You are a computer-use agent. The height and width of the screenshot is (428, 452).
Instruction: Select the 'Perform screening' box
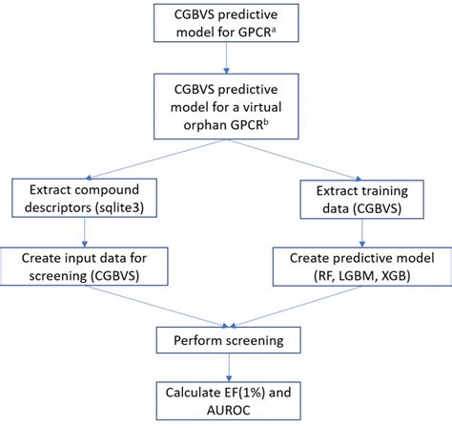point(226,339)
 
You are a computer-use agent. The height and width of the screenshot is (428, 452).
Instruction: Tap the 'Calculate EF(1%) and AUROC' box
point(226,399)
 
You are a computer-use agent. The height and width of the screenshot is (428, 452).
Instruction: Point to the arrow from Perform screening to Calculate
point(226,367)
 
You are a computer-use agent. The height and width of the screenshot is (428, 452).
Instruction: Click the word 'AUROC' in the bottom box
point(226,411)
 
